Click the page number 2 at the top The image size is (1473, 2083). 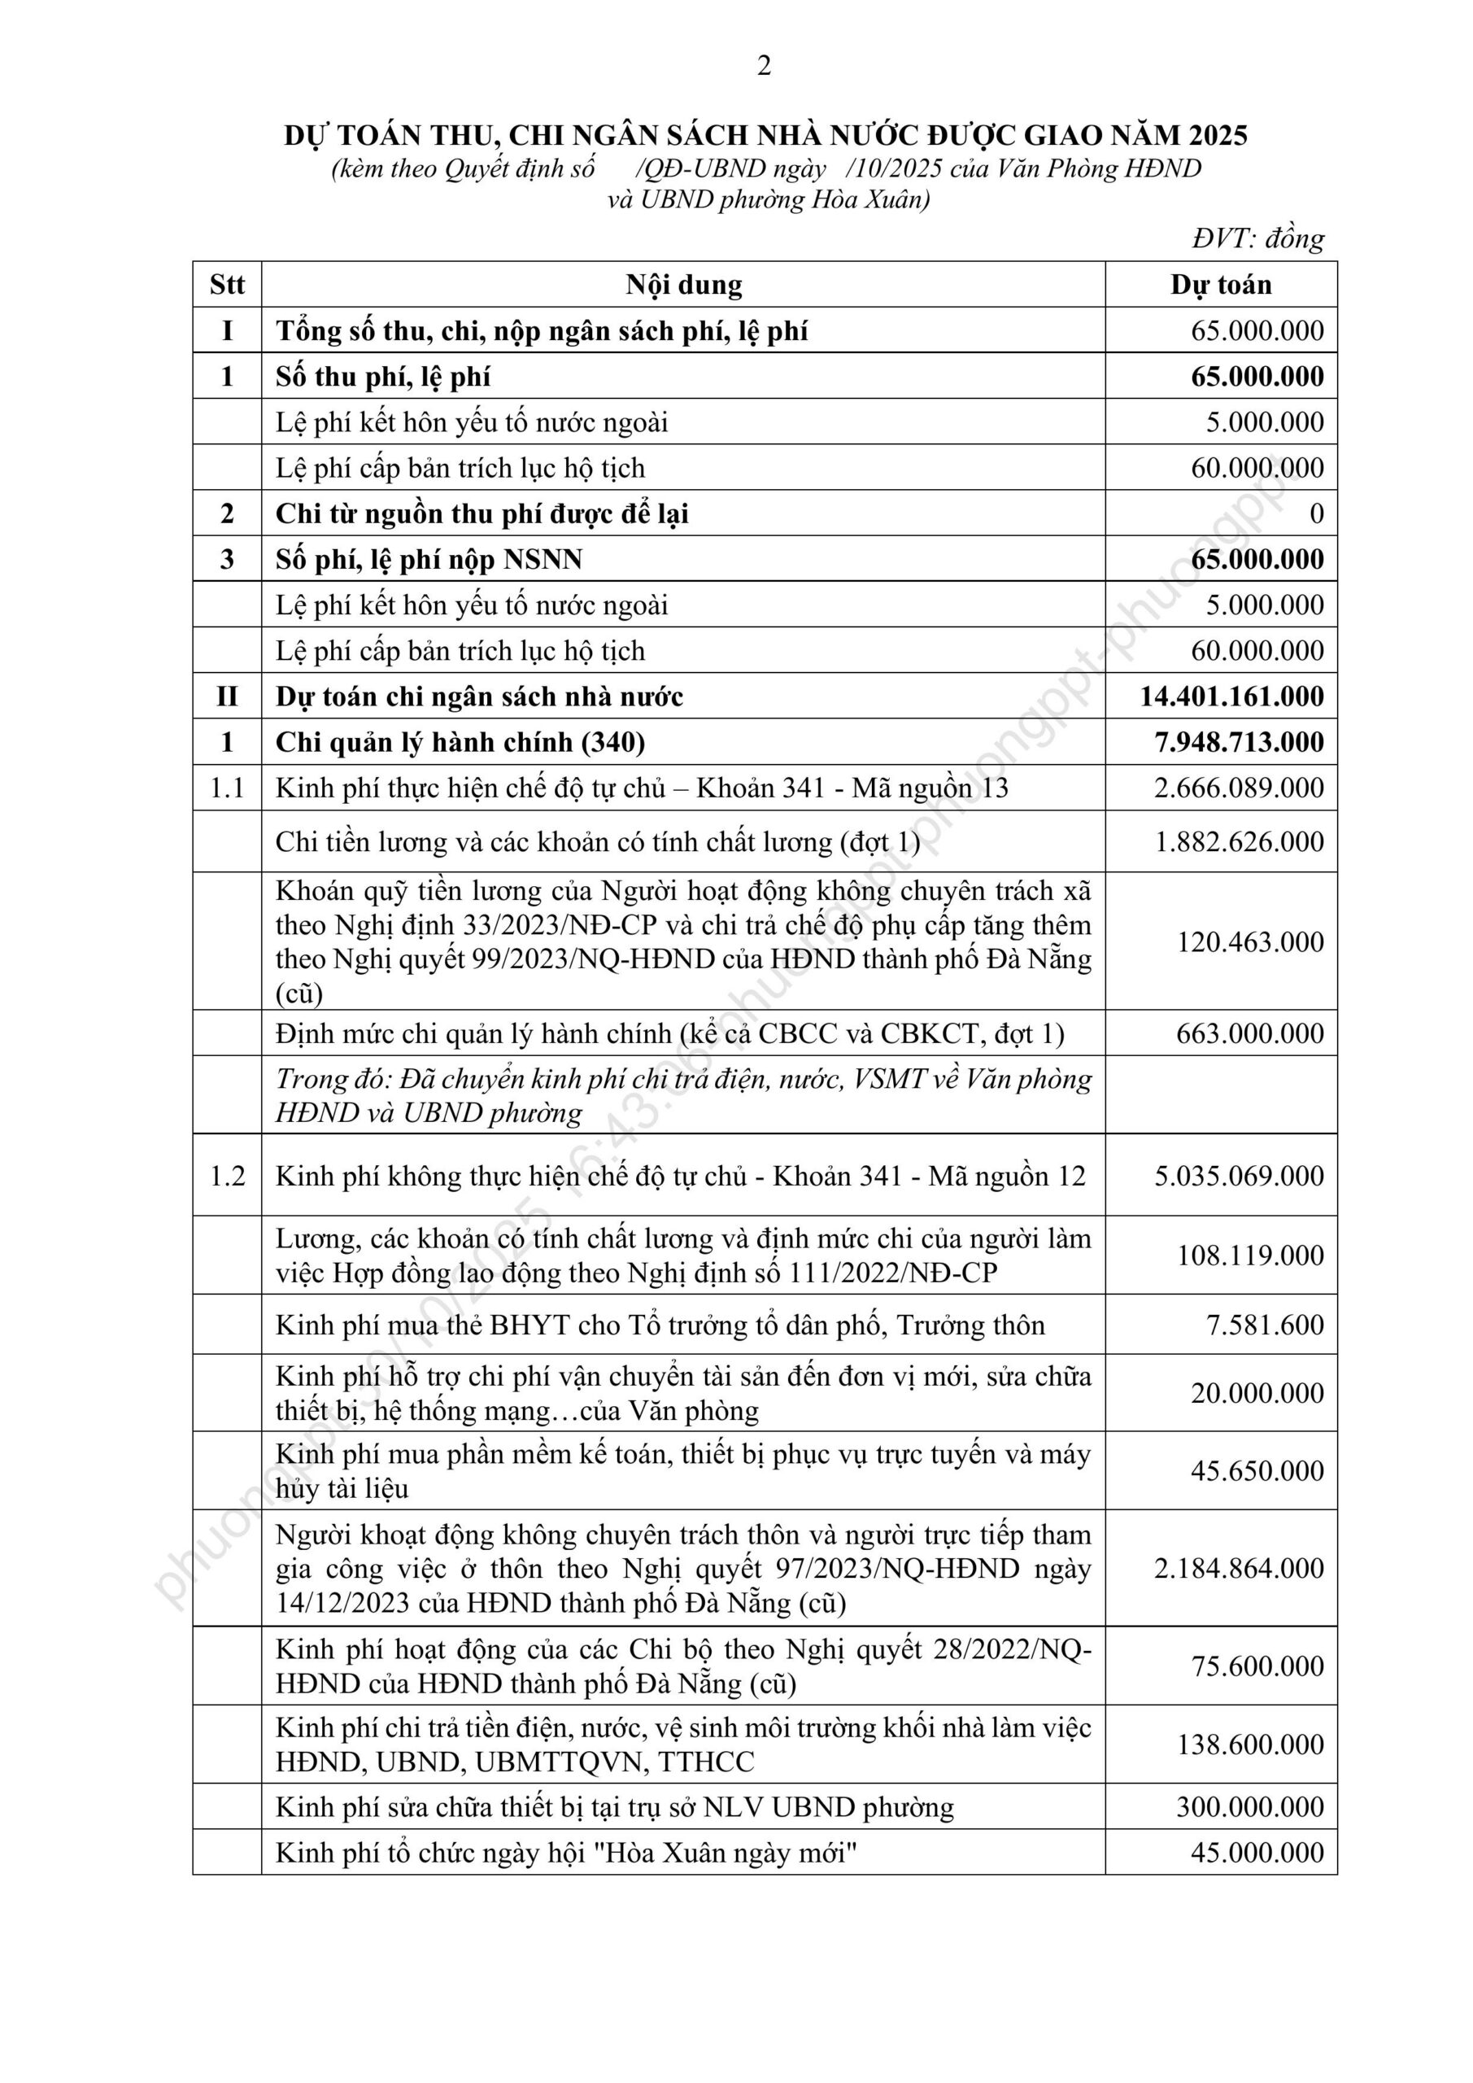[764, 66]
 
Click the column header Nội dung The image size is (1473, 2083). [683, 285]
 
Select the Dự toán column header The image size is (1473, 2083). [1221, 285]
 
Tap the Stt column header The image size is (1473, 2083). [227, 285]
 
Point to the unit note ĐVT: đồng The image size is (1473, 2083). [1258, 238]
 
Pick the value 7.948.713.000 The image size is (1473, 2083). [1239, 742]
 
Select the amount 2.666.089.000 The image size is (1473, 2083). [1239, 788]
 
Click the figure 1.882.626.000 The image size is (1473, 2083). [1239, 841]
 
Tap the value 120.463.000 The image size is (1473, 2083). [1250, 941]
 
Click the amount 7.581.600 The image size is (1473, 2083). [1265, 1325]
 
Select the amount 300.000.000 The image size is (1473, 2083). [1250, 1807]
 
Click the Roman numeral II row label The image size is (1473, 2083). [227, 696]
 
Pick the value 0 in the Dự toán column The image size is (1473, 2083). [1316, 513]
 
